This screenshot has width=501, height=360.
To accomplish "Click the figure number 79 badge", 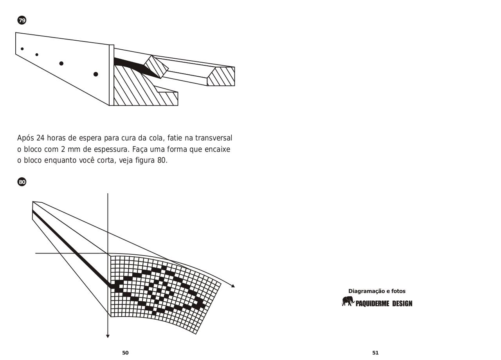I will pos(22,20).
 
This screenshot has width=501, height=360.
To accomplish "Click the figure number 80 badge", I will pos(22,182).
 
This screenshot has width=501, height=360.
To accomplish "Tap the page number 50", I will pos(125,353).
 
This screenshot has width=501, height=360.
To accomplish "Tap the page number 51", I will pos(375,353).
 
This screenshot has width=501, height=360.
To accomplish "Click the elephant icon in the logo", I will pos(348,301).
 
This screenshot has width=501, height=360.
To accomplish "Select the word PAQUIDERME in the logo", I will pos(372,304).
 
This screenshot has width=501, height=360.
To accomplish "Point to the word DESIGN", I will pos(402,304).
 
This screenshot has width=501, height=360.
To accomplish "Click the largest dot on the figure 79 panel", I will pos(96,74).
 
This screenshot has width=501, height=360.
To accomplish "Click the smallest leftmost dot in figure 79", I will pos(22,49).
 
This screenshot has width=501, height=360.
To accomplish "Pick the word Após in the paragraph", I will pos(25,138).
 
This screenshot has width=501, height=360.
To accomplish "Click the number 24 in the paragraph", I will pos(40,138).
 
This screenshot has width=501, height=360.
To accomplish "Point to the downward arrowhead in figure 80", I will pos(108,336).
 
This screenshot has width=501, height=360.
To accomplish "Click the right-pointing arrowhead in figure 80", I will pos(233,286).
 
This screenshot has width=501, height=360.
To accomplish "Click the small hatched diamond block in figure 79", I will pos(156,66).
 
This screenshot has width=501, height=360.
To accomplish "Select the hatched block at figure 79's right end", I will pos(222,76).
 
